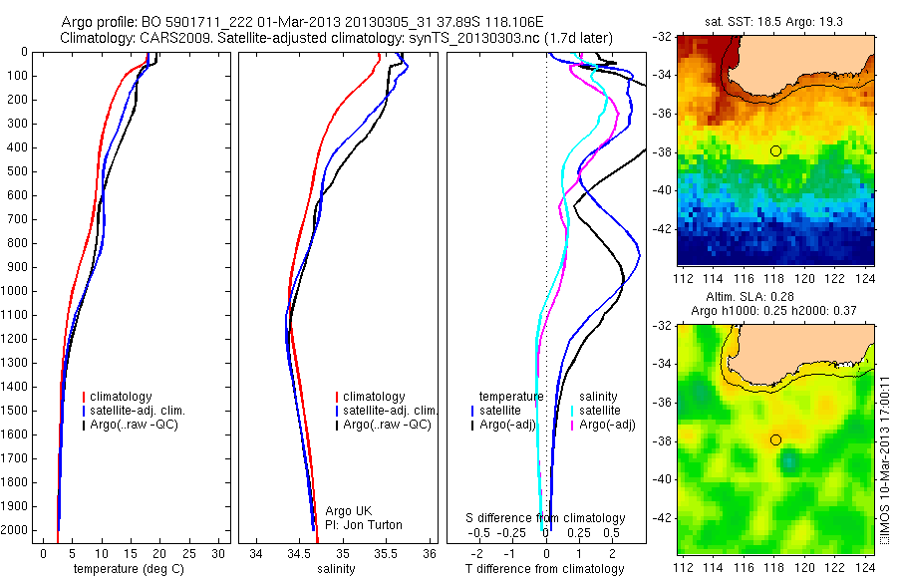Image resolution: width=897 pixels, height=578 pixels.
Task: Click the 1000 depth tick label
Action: tap(15, 291)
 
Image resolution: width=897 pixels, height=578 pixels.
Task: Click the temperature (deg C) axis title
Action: tap(124, 569)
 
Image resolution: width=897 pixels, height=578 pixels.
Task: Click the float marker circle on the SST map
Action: tap(775, 150)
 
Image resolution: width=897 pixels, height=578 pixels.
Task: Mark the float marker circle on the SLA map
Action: tap(775, 439)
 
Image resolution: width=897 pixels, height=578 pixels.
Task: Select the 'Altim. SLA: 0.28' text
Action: tap(772, 297)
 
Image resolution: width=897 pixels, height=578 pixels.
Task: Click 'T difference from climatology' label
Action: tap(546, 569)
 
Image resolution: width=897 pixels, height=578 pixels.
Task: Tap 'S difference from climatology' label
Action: tap(546, 518)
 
